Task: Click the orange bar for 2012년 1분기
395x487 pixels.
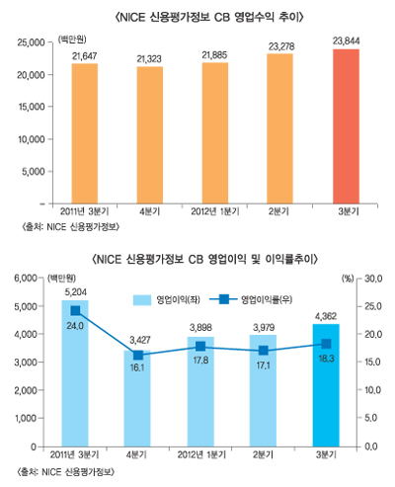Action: (213, 132)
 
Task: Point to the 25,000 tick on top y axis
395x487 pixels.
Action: (33, 42)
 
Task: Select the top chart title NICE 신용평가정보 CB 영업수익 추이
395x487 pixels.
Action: (198, 16)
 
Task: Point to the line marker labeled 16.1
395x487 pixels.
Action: (138, 356)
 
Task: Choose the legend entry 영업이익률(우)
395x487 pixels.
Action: (247, 296)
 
